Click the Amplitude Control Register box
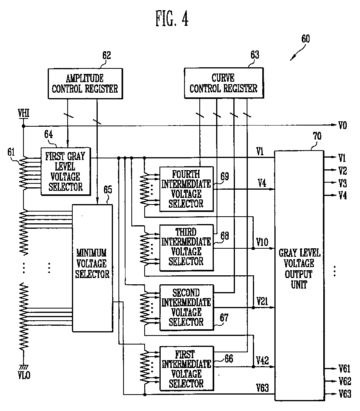pos(85,84)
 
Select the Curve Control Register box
pos(224,83)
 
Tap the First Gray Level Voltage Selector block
pos(66,171)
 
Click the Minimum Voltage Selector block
pos(93,268)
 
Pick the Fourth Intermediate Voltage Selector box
pos(186,189)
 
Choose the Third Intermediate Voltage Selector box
pos(186,248)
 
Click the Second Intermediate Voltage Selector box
pos(187,307)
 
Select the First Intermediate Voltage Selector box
pos(187,368)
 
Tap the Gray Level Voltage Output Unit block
pos(299,275)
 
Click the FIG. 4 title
pos(172,18)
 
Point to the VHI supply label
pos(23,113)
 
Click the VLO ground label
pos(24,375)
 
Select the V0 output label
pos(342,125)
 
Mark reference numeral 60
pos(306,39)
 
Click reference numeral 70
pos(317,136)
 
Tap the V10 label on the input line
pos(262,242)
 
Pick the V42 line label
pos(262,361)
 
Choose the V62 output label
pos(345,381)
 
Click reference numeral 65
pos(107,190)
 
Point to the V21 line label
pos(262,301)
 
